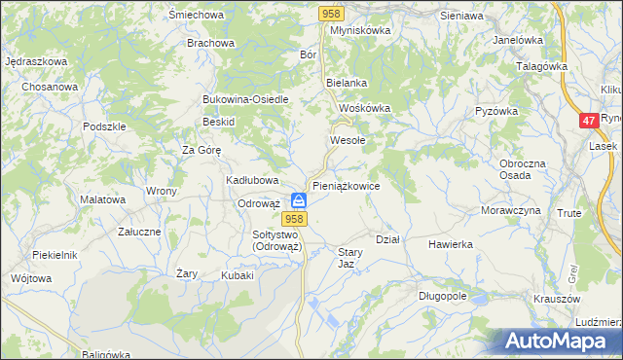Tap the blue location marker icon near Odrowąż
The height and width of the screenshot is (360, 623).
(300, 200)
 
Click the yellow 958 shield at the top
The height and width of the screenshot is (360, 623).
(331, 13)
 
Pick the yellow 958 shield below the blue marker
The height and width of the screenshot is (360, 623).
(298, 220)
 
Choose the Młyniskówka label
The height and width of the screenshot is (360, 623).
(360, 30)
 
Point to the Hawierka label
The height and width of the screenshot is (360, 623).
(450, 244)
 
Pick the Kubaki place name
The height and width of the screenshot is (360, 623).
(237, 275)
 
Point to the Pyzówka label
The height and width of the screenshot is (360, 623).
(495, 112)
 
